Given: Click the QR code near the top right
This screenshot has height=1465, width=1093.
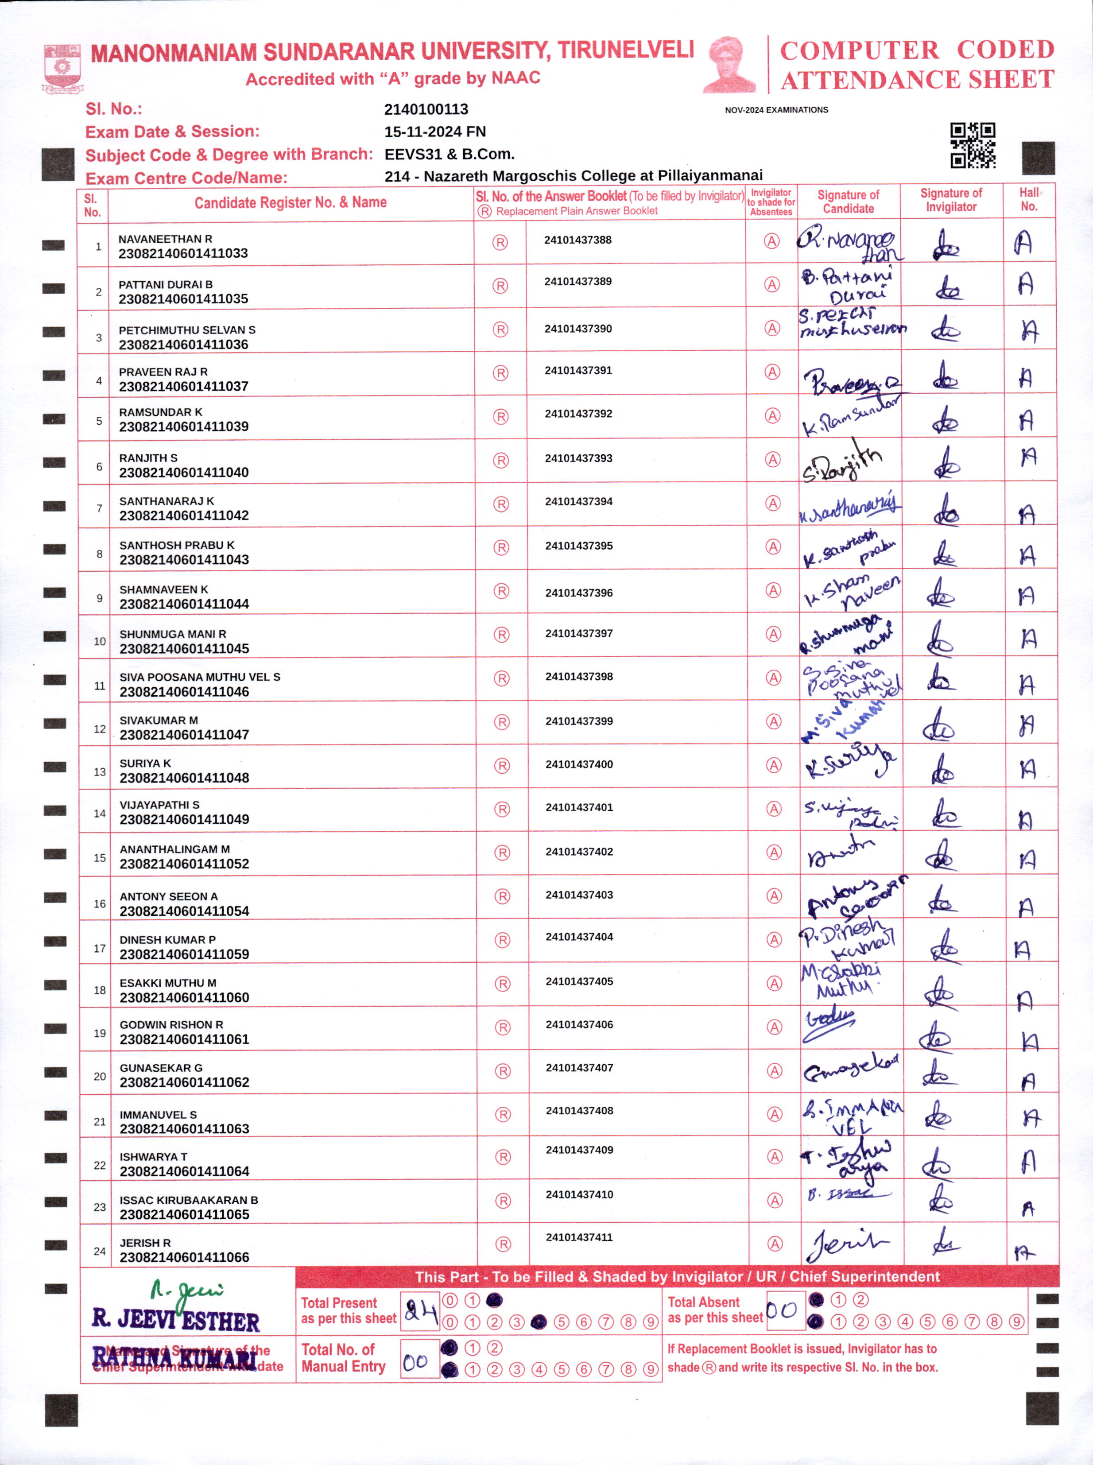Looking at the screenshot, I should point(972,145).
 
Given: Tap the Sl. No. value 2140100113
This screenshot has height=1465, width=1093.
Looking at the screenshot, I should point(426,109).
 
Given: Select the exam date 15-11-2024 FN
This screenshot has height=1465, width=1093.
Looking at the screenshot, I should point(435,132).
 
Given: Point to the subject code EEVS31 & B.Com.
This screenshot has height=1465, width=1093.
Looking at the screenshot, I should point(449,154).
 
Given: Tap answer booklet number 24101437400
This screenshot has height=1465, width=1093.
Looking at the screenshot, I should point(579,764).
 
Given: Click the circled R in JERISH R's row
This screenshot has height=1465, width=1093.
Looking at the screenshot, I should point(504,1244).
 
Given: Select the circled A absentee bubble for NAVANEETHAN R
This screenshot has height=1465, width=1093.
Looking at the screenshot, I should point(771,241).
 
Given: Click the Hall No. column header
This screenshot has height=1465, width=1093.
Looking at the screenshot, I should point(1029,199).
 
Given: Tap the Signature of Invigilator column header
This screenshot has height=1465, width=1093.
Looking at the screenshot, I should point(951,200).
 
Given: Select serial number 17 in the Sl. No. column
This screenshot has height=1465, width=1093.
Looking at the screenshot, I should point(99,948).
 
